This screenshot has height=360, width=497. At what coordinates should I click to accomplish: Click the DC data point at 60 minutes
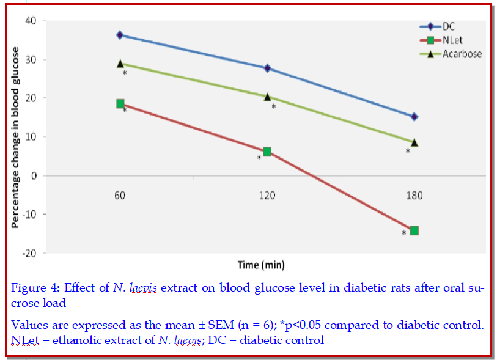coord(120,35)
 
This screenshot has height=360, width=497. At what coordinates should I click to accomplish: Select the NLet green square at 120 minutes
coord(267,152)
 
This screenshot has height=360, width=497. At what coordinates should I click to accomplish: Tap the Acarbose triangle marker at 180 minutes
coord(414,142)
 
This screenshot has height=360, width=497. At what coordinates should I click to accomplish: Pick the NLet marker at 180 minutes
coord(414,230)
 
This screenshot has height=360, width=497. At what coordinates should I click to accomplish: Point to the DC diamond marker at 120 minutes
coord(267,68)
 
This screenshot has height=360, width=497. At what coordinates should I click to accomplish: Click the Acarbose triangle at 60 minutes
coord(120,64)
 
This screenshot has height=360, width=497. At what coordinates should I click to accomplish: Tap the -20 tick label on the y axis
coord(29,253)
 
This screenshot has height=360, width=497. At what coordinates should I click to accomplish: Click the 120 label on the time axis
coord(267,196)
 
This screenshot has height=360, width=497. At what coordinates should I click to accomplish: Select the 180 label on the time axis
coord(414,196)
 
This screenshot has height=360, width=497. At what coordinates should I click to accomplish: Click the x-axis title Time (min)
coord(261,265)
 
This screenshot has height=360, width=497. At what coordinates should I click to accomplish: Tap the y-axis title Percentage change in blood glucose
coord(15,137)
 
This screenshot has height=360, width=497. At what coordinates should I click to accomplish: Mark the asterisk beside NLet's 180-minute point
coord(403,233)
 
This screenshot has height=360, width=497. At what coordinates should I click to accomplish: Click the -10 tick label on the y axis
coord(29,215)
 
